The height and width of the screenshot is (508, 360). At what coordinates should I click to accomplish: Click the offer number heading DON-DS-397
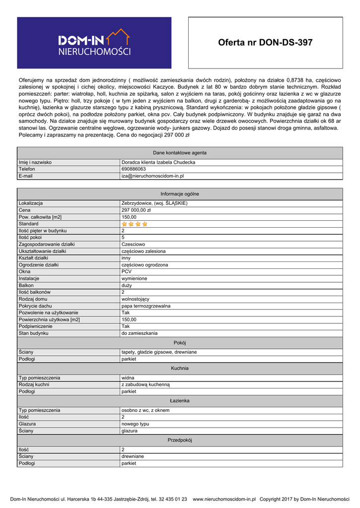265,43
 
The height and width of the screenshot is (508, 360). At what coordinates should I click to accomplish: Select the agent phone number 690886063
134,169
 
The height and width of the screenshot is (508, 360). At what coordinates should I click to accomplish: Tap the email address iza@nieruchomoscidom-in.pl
153,176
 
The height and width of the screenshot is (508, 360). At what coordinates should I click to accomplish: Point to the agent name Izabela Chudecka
158,162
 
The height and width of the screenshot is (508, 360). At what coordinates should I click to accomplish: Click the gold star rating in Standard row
135,224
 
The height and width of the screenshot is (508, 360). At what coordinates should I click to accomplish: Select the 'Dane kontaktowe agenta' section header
180,153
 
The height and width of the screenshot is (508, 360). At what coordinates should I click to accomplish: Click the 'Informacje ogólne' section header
180,194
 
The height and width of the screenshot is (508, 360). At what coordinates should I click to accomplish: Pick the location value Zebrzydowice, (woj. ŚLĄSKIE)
154,203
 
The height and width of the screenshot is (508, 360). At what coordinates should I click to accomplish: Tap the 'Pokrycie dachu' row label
35,306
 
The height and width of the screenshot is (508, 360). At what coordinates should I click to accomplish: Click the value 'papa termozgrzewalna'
146,306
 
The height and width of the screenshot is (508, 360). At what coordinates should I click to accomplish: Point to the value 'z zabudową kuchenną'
145,384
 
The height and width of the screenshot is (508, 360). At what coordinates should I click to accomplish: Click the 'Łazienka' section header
180,400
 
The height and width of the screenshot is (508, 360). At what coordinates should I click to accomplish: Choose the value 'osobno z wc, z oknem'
146,410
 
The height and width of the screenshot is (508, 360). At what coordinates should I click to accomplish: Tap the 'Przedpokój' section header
180,440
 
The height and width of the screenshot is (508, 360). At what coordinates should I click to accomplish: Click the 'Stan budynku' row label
33,333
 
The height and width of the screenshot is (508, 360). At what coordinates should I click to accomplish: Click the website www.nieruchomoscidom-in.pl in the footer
224,499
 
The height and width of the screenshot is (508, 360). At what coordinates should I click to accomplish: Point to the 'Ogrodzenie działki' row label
39,265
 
